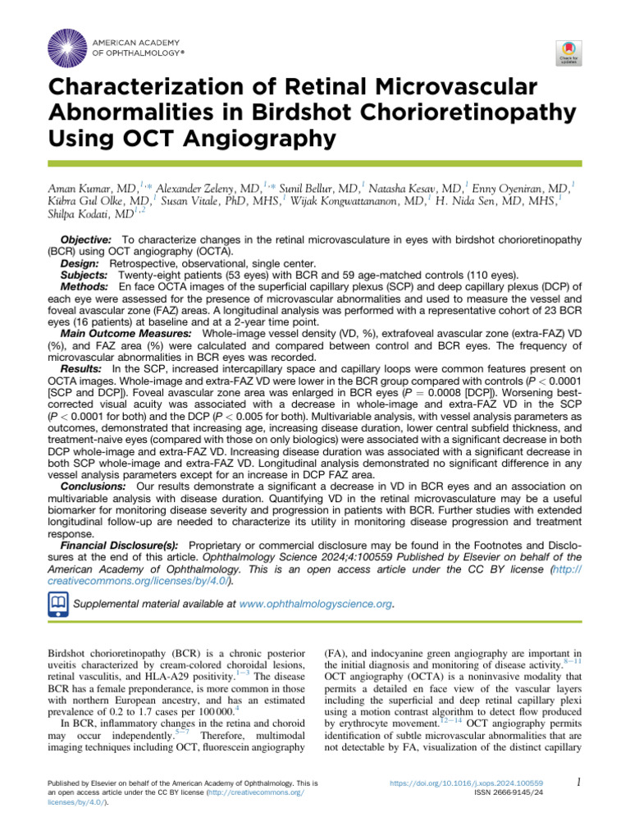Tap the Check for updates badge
click(569, 52)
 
